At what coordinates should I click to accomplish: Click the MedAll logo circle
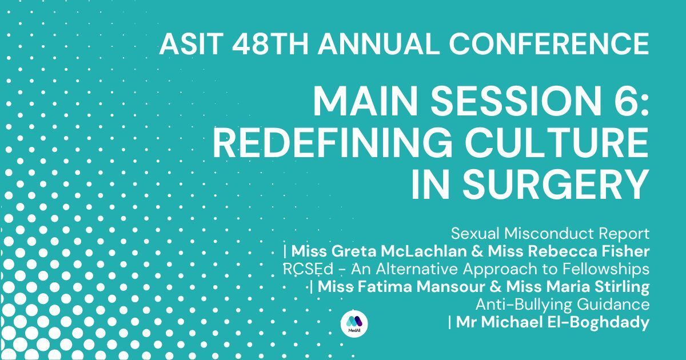pos(354,323)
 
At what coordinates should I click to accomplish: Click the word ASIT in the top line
pos(190,44)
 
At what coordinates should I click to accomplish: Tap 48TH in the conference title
pos(270,44)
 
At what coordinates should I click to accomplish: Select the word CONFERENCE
pos(549,44)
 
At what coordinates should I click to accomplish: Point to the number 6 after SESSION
pos(627,101)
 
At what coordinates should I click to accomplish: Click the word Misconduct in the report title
pos(549,234)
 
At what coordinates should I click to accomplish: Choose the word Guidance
pos(613,305)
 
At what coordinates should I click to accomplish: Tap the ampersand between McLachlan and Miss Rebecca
pos(477,251)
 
